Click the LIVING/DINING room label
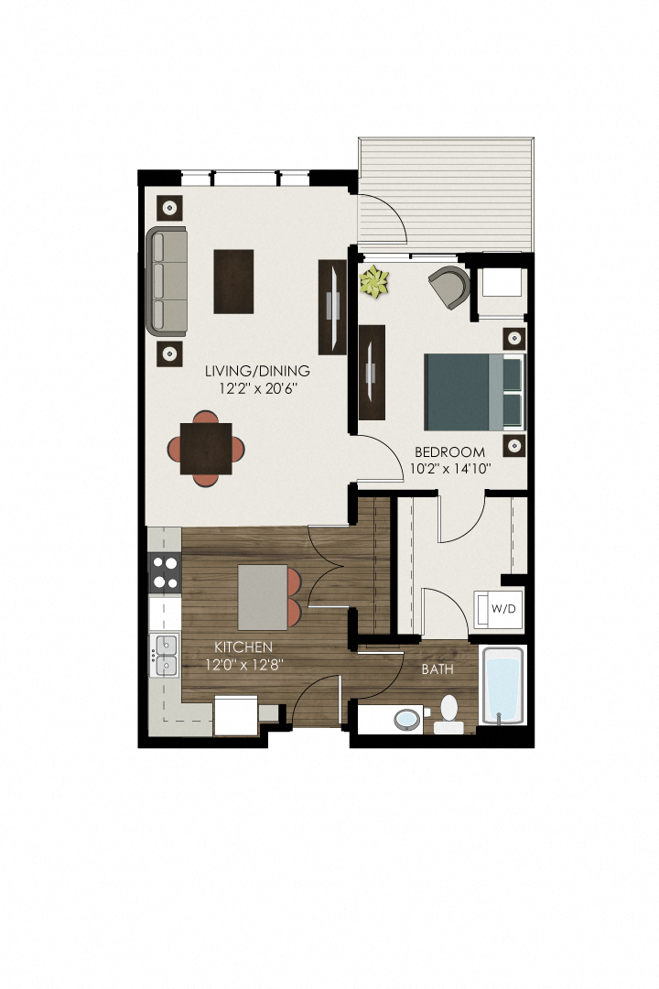tap(257, 371)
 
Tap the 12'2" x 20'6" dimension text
tap(257, 388)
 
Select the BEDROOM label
tap(449, 451)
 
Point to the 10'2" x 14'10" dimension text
tap(451, 469)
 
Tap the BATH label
tap(437, 669)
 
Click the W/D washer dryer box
tap(499, 609)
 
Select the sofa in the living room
tap(167, 280)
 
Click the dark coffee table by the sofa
tap(233, 281)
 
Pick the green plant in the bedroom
tap(373, 282)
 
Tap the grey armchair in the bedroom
tap(449, 287)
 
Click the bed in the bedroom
tap(475, 391)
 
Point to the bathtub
tap(502, 687)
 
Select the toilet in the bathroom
tap(448, 712)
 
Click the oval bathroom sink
tap(407, 719)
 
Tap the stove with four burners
tap(166, 572)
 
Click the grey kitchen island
tap(264, 597)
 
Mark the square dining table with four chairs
tap(206, 448)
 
